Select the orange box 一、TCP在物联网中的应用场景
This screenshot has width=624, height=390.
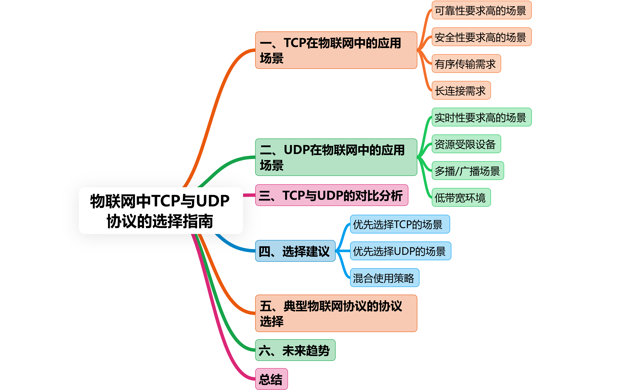pyautogui.click(x=336, y=50)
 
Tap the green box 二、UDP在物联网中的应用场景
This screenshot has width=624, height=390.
pyautogui.click(x=336, y=157)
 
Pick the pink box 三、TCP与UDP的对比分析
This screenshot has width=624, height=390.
pyautogui.click(x=331, y=195)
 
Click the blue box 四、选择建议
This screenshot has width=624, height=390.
pyautogui.click(x=295, y=251)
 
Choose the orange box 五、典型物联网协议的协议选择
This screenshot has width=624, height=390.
pyautogui.click(x=336, y=313)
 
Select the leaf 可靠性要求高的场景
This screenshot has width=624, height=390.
pyautogui.click(x=481, y=10)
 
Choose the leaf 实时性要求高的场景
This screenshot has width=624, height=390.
pyautogui.click(x=481, y=117)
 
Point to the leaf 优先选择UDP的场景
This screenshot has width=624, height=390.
pyautogui.click(x=400, y=251)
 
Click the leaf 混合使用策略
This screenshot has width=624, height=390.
pyautogui.click(x=384, y=278)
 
